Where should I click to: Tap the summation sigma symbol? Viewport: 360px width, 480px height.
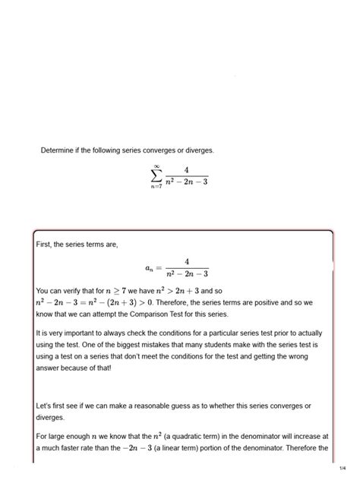point(156,176)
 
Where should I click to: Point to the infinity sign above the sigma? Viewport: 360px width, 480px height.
point(156,165)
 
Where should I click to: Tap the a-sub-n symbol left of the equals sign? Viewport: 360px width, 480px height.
point(147,267)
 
